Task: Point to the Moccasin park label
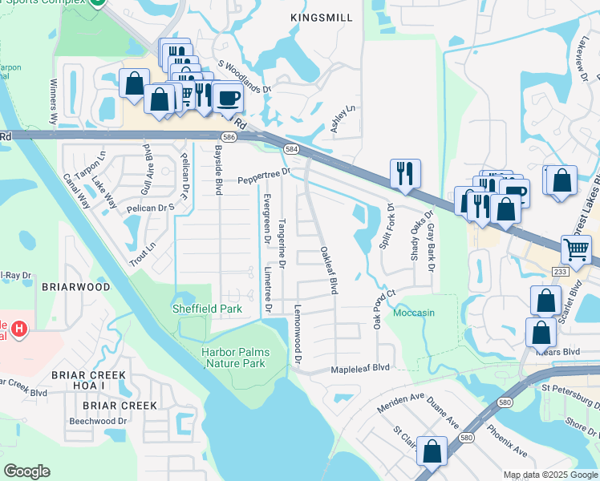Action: point(415,313)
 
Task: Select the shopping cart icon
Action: point(577,249)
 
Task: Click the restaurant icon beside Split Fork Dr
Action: point(403,172)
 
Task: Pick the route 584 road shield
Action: point(292,149)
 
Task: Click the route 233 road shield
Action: point(560,273)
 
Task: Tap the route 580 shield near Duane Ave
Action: point(466,438)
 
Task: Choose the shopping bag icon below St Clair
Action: point(432,451)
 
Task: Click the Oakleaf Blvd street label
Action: point(327,270)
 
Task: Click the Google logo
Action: point(26,471)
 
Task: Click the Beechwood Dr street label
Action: point(99,420)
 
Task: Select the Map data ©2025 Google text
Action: point(549,475)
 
